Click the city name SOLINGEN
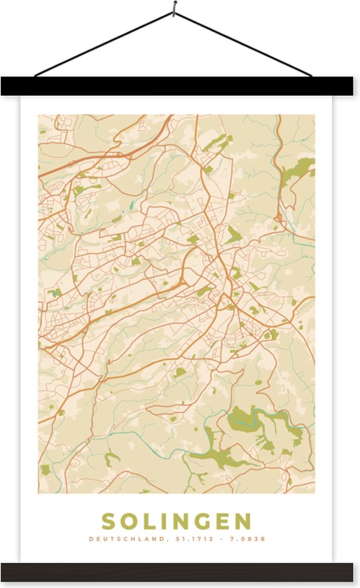point(176,521)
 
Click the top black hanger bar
point(180,86)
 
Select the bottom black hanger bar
point(180,571)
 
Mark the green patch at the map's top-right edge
point(301,168)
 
